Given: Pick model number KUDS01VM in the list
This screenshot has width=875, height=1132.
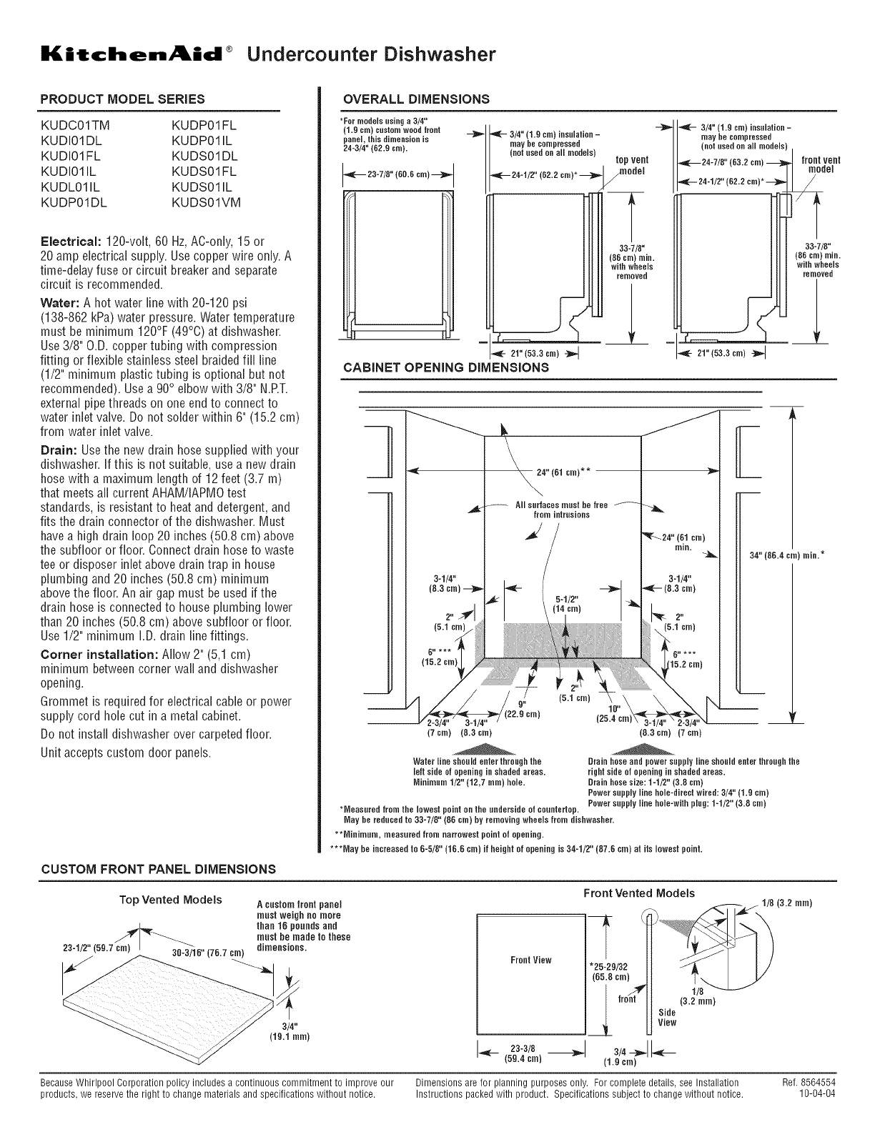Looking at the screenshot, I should tap(207, 203).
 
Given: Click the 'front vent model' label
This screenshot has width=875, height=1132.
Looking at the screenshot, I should tap(821, 165).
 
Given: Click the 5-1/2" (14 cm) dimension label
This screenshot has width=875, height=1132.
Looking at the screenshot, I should tap(570, 604).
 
